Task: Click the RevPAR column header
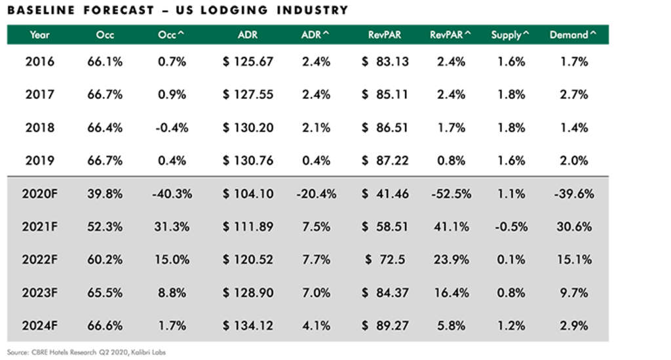click(384, 35)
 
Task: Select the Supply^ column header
click(510, 35)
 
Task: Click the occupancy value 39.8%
click(105, 193)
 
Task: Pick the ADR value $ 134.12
click(248, 325)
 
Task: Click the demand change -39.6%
click(573, 193)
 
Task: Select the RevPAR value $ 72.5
click(385, 260)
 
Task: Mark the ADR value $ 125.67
click(248, 62)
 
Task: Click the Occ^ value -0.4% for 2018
click(172, 128)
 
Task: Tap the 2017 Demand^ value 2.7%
click(574, 95)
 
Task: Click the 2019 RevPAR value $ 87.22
click(385, 161)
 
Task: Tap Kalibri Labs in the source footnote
click(150, 352)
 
